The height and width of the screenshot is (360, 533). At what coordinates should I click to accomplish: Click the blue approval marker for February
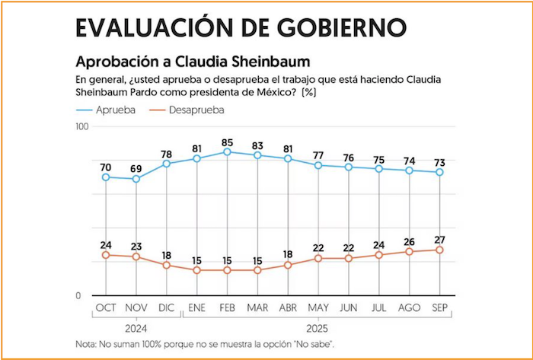(x=227, y=152)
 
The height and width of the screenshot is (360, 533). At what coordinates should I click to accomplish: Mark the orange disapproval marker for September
(x=439, y=250)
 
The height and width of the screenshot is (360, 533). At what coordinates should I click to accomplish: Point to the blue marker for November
(x=136, y=179)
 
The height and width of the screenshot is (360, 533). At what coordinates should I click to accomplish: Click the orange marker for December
(x=166, y=266)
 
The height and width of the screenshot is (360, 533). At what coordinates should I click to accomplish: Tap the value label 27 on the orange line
(x=439, y=238)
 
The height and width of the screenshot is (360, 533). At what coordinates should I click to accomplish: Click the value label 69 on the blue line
(x=136, y=167)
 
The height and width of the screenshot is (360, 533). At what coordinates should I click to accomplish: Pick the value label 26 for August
(x=409, y=241)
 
